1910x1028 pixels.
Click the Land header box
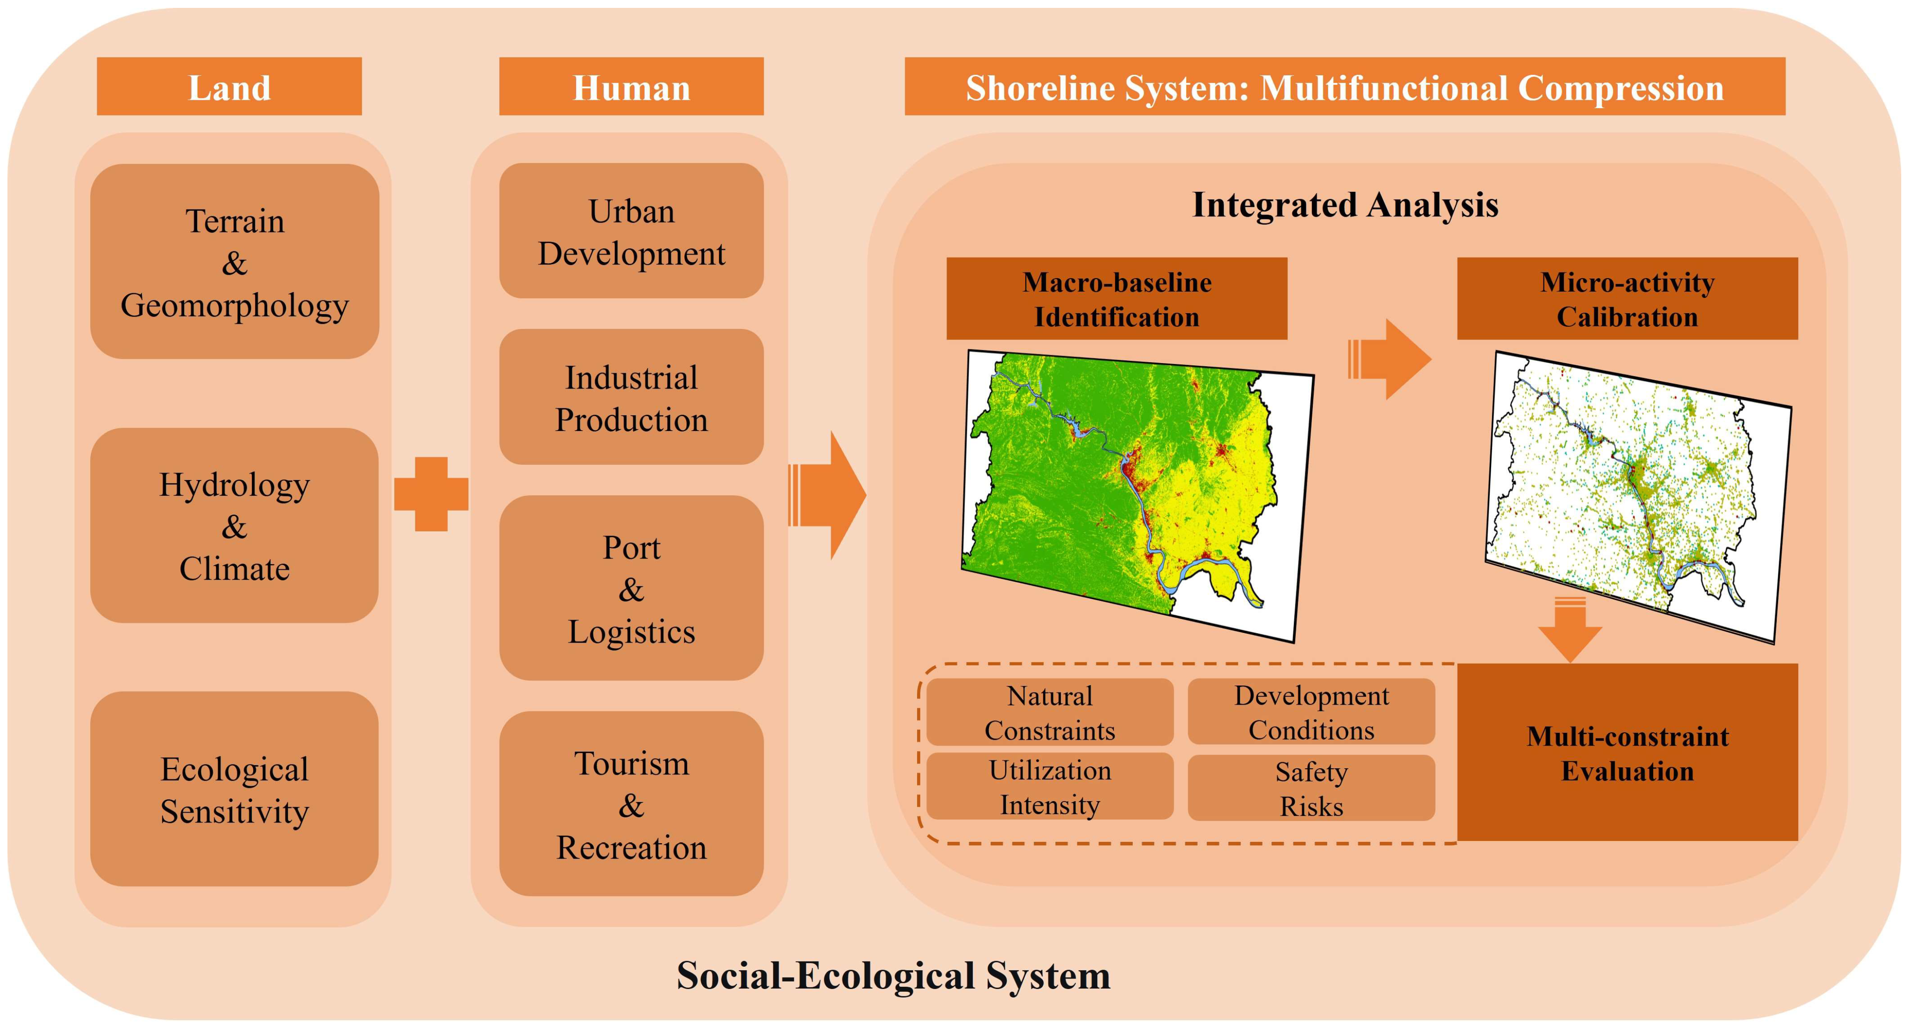(229, 87)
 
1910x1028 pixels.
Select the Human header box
(631, 87)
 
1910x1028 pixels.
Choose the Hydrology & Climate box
(234, 526)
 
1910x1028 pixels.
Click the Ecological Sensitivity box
(234, 789)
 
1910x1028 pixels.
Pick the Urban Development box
(631, 231)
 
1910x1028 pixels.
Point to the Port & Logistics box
(631, 589)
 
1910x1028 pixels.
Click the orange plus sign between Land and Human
(431, 495)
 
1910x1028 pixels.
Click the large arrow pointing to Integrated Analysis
(829, 495)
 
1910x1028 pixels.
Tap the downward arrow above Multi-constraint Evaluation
(1570, 630)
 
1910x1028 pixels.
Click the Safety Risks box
(1311, 788)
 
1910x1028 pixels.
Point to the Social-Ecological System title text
(893, 975)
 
